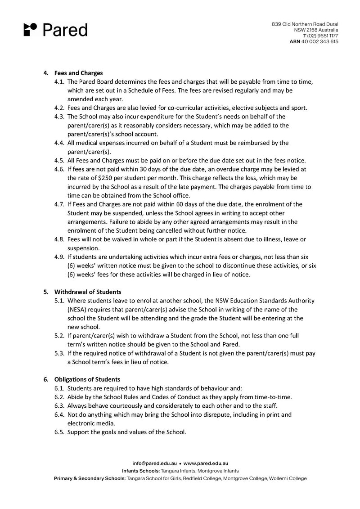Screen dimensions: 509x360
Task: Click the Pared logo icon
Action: pyautogui.click(x=30, y=29)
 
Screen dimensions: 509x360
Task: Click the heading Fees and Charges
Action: pyautogui.click(x=78, y=73)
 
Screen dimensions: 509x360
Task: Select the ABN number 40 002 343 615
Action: pyautogui.click(x=319, y=41)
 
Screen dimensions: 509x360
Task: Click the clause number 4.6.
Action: pyautogui.click(x=59, y=169)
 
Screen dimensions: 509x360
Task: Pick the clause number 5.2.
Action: pyautogui.click(x=59, y=336)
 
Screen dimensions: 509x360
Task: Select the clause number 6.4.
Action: pyautogui.click(x=59, y=414)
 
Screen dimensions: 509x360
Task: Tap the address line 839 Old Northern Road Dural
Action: pyautogui.click(x=305, y=24)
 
